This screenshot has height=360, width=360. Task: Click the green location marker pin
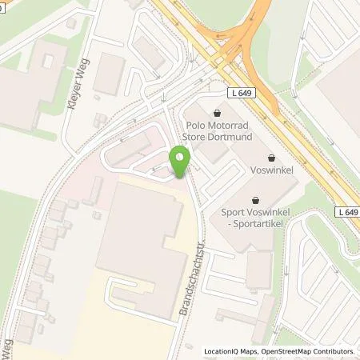[x=180, y=162]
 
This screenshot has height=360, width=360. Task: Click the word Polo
[x=197, y=126]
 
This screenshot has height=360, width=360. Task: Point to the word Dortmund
[x=232, y=137]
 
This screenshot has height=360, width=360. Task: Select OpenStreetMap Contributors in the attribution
[x=309, y=351]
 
